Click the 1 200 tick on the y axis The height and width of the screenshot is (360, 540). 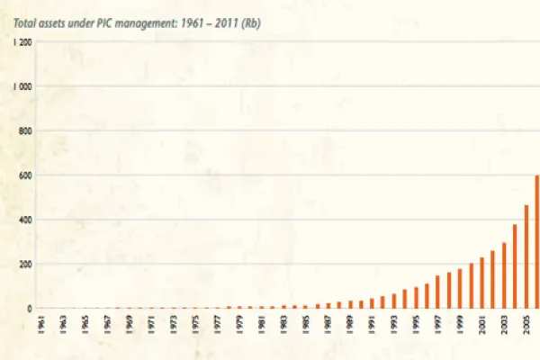pyautogui.click(x=22, y=42)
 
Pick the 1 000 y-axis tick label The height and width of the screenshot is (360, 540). pyautogui.click(x=22, y=86)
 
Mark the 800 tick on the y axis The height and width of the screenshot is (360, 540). pyautogui.click(x=25, y=131)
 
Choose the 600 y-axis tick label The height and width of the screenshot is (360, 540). pyautogui.click(x=25, y=175)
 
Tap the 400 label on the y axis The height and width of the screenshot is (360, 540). pyautogui.click(x=25, y=220)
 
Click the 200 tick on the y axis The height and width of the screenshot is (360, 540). pyautogui.click(x=25, y=264)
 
